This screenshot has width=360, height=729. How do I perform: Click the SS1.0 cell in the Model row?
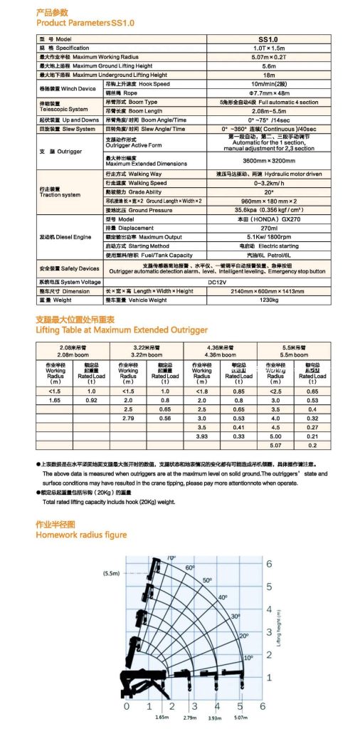tap(267, 39)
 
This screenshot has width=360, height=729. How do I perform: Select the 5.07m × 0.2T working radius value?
tap(267, 56)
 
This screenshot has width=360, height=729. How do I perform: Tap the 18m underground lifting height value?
tap(267, 74)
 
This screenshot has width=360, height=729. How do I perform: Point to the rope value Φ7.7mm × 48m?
tap(267, 93)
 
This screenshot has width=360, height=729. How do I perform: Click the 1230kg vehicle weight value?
tap(267, 300)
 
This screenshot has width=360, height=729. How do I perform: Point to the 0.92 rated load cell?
tap(91, 401)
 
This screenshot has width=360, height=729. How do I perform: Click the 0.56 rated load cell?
tap(165, 419)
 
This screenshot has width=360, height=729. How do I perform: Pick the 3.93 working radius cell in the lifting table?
tap(202, 436)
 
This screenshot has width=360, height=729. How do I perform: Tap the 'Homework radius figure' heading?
tap(82, 514)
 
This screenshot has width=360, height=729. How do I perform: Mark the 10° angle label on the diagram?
tap(248, 658)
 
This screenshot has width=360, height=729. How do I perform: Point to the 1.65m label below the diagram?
tap(161, 717)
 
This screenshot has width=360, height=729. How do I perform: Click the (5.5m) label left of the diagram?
tap(111, 572)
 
